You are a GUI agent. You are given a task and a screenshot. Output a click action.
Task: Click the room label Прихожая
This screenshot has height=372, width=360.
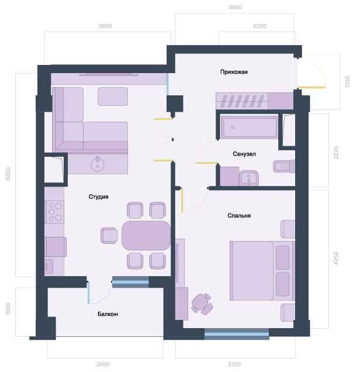click(234, 72)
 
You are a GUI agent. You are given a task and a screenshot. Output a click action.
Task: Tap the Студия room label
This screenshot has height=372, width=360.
click(99, 197)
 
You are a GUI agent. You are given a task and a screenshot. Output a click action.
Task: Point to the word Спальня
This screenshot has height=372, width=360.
click(239, 215)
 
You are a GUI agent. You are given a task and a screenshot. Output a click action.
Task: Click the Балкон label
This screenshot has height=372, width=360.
click(108, 314)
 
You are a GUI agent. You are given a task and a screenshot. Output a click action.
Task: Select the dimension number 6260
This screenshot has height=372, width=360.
click(9, 174)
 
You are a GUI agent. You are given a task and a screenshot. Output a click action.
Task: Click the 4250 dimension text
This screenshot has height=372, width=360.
click(335, 258)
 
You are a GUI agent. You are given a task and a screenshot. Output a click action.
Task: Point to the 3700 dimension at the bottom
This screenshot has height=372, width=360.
click(234, 364)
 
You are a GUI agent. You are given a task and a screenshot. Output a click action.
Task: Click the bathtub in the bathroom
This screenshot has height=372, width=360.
click(249, 127)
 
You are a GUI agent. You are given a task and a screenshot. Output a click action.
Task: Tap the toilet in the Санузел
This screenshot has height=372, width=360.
click(283, 167)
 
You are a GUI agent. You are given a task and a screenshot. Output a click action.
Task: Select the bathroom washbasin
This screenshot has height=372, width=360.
click(250, 177)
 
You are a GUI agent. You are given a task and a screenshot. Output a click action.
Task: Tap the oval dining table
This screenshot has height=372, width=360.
click(146, 235)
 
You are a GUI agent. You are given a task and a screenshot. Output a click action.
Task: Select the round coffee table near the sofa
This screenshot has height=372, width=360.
click(97, 163)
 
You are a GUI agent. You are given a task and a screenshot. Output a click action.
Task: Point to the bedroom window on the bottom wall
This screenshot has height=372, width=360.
click(236, 334)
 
